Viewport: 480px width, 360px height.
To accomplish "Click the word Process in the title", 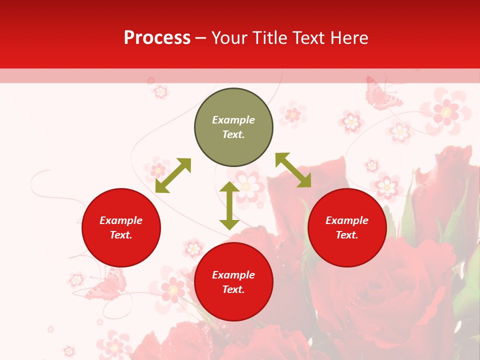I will click(x=157, y=38).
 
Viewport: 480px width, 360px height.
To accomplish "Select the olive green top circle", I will click(x=233, y=127).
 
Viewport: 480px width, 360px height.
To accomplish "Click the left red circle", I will click(x=121, y=227).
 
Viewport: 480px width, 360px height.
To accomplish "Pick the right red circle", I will click(x=347, y=227).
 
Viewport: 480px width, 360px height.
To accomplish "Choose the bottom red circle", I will click(x=233, y=282).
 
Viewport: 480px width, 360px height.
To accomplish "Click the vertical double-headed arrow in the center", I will click(x=229, y=205).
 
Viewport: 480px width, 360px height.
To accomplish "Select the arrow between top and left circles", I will click(x=173, y=175).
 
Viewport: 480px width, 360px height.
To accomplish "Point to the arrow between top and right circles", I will click(x=293, y=170).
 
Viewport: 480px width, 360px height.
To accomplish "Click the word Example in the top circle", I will click(x=233, y=120).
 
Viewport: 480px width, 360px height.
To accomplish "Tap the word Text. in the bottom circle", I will click(x=233, y=289).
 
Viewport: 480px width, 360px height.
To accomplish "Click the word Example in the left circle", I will click(x=121, y=220).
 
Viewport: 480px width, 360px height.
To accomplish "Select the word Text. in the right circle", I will click(x=347, y=235).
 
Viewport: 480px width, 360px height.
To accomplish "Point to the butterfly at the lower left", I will click(x=106, y=286).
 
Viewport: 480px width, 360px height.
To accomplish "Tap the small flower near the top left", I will click(x=160, y=91).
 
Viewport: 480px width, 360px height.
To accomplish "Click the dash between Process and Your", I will click(x=201, y=38).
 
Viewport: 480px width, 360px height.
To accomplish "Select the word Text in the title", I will click(x=306, y=38).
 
